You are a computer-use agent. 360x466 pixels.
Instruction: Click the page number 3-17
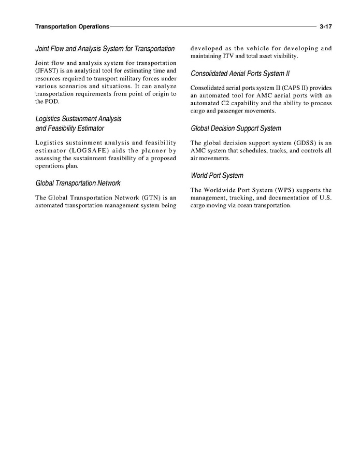pos(325,26)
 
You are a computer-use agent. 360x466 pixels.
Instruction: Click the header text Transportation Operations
pos(72,26)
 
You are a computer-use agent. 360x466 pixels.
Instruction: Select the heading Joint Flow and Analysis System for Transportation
pos(105,49)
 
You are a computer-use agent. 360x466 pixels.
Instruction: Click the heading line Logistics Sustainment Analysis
pos(78,119)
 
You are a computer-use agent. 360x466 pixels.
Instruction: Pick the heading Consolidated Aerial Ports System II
pos(240,73)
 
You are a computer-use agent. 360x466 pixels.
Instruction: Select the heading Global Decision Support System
pos(236,129)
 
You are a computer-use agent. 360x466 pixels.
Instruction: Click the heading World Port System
pos(217,176)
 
